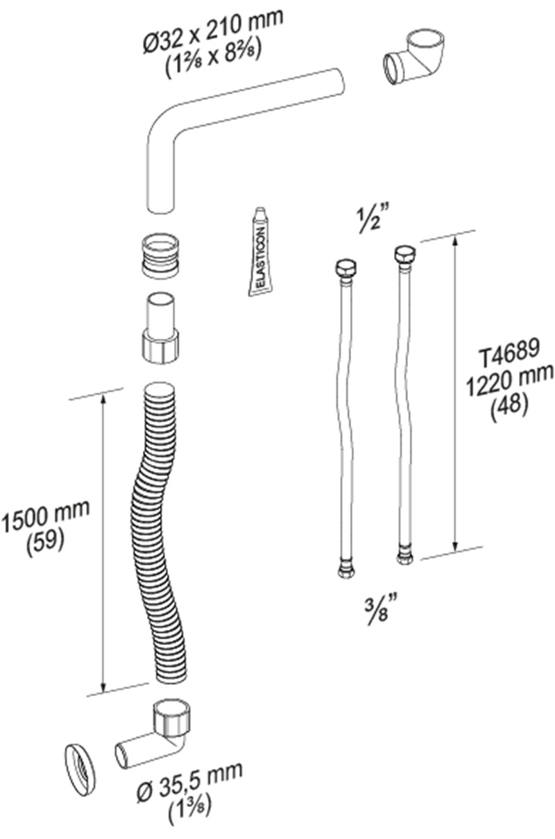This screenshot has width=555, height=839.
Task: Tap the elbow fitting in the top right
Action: coord(413,56)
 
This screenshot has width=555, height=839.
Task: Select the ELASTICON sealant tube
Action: coord(260,252)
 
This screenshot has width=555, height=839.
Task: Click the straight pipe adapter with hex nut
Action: coord(160,328)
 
